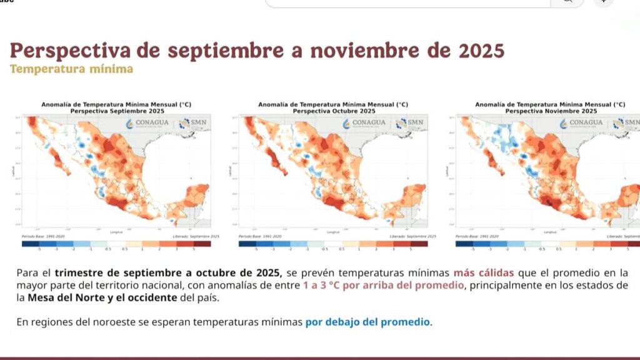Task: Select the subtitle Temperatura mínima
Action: pyautogui.click(x=71, y=69)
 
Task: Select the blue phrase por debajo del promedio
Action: pyautogui.click(x=367, y=322)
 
